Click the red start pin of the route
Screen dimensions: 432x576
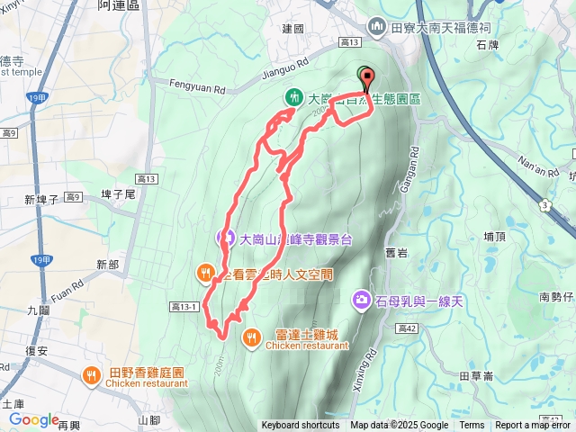click(367, 77)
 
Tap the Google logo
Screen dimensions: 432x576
click(33, 419)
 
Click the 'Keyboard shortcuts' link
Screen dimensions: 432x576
click(301, 426)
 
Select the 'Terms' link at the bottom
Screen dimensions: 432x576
click(472, 426)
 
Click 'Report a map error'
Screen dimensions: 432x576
click(535, 426)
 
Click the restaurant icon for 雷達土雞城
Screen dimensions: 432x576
click(251, 337)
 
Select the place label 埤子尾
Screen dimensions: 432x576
click(118, 193)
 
